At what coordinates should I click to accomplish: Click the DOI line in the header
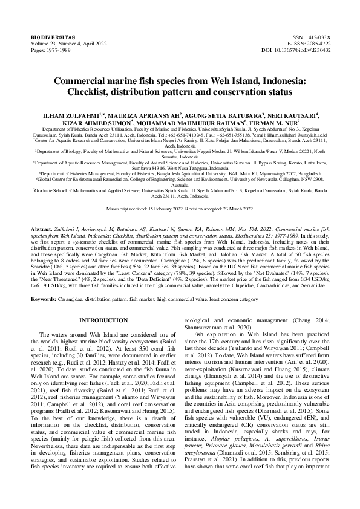(305, 51)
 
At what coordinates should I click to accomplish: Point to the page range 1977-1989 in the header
(58, 51)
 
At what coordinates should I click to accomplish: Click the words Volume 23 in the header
(45, 44)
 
